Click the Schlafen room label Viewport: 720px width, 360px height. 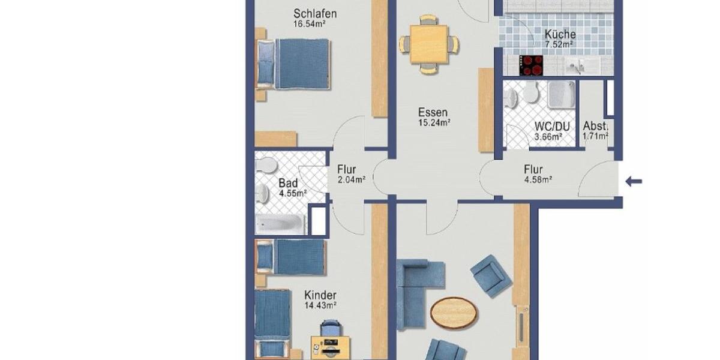pos(314,13)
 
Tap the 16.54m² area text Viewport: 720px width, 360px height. pos(310,25)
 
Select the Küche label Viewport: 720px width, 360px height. pos(560,34)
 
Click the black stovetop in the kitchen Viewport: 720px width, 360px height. pos(530,65)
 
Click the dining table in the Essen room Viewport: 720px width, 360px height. pos(430,44)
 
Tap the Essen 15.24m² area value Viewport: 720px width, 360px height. pos(434,122)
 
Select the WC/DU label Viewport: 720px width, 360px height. pos(551,127)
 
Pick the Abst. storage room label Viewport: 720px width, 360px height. pos(595,127)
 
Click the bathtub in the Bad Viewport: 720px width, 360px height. pos(280,225)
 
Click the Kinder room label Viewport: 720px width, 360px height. pos(320,295)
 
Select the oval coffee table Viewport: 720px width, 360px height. pos(455,313)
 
